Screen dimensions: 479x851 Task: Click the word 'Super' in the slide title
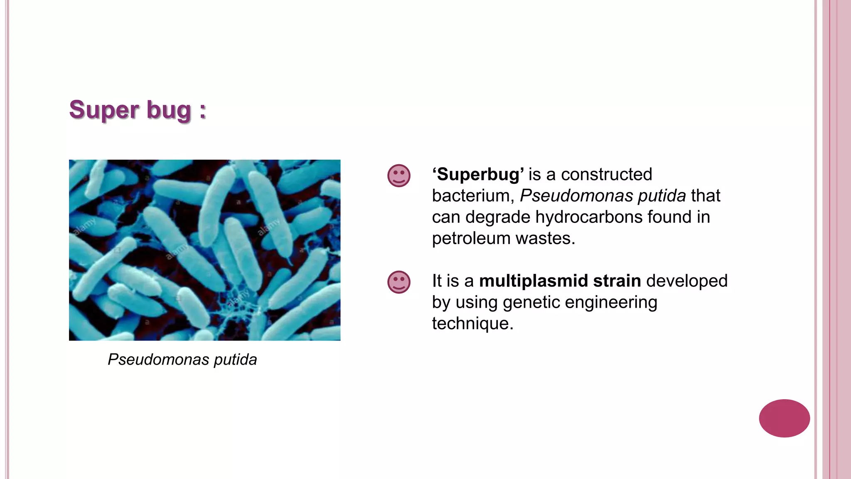point(104,110)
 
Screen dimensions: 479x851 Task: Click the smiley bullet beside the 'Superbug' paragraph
point(399,175)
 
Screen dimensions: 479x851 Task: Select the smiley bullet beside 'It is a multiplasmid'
point(399,282)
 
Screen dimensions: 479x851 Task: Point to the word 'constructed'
point(606,175)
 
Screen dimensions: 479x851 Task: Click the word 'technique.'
point(473,323)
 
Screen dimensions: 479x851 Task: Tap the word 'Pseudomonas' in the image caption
point(158,360)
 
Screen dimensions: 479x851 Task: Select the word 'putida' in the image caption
point(235,360)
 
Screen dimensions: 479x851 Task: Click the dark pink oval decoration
point(784,418)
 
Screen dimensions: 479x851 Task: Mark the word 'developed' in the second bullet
point(687,281)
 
